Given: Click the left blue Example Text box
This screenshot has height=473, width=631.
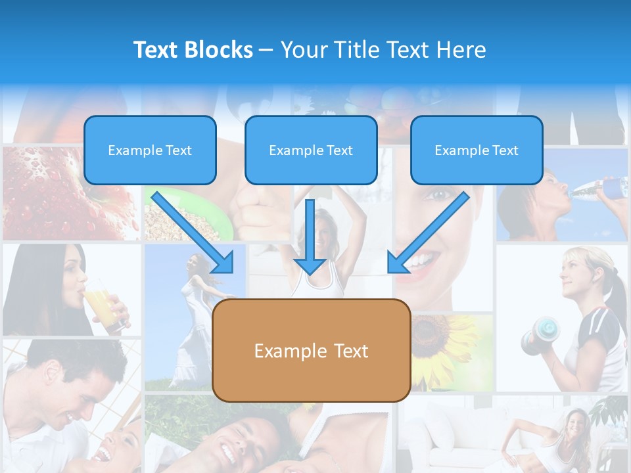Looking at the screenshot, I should pyautogui.click(x=150, y=150).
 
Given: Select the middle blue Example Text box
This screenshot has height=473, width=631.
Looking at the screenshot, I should pyautogui.click(x=311, y=150).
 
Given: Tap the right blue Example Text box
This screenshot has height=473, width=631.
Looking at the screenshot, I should pyautogui.click(x=477, y=150).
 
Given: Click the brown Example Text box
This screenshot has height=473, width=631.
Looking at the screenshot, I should pyautogui.click(x=311, y=350).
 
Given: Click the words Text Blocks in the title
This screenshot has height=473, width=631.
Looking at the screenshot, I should pyautogui.click(x=193, y=50).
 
